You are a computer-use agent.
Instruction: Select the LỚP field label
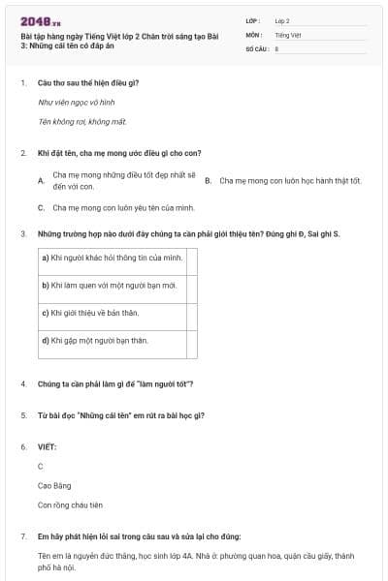point(252,19)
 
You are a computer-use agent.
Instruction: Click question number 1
point(22,83)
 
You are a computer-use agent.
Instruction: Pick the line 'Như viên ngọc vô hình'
point(77,102)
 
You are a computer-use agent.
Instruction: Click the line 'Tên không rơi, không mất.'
point(82,121)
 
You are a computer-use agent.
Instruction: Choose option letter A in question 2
point(41,181)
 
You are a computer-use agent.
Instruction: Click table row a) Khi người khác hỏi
point(112,258)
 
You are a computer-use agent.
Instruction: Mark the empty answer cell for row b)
point(192,286)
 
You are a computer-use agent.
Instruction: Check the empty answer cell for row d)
point(192,341)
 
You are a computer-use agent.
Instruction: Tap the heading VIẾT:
point(47,447)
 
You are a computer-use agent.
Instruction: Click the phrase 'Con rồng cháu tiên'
point(70,505)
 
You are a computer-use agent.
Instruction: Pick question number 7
point(22,536)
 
